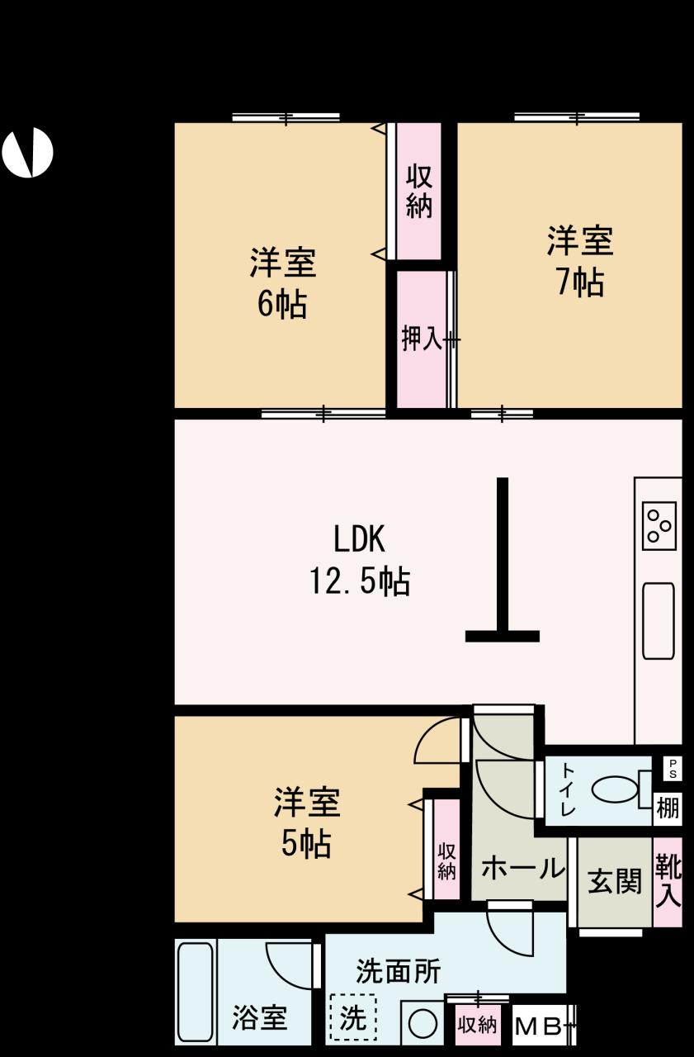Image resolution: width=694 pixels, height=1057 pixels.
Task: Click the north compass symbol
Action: click(27, 153)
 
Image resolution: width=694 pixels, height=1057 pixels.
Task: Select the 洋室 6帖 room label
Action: click(283, 283)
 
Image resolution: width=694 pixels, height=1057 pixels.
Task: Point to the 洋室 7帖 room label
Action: click(580, 262)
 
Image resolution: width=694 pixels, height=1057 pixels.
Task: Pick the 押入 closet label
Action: click(422, 339)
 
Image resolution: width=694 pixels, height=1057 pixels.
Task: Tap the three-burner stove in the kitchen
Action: click(659, 526)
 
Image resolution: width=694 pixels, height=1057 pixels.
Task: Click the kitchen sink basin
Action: click(659, 620)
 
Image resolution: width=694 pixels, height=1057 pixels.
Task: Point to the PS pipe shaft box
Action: click(673, 769)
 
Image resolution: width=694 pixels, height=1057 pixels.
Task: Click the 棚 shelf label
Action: click(668, 808)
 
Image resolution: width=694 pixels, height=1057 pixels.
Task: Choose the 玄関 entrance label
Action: click(614, 881)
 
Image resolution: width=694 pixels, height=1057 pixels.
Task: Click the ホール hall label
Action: click(523, 868)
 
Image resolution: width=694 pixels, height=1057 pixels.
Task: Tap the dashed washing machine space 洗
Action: click(353, 1018)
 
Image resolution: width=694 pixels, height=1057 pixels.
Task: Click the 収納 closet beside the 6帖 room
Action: click(419, 191)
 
